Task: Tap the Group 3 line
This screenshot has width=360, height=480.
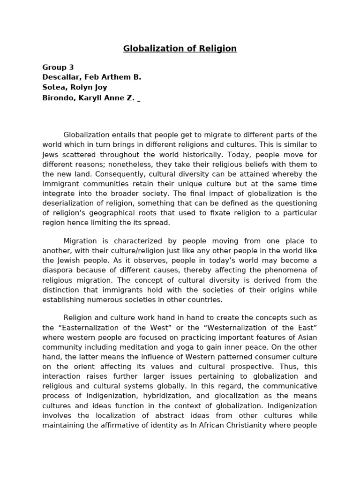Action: tap(58, 67)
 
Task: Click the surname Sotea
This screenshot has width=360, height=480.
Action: tap(54, 87)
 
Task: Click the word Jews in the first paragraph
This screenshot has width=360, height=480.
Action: tap(51, 154)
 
